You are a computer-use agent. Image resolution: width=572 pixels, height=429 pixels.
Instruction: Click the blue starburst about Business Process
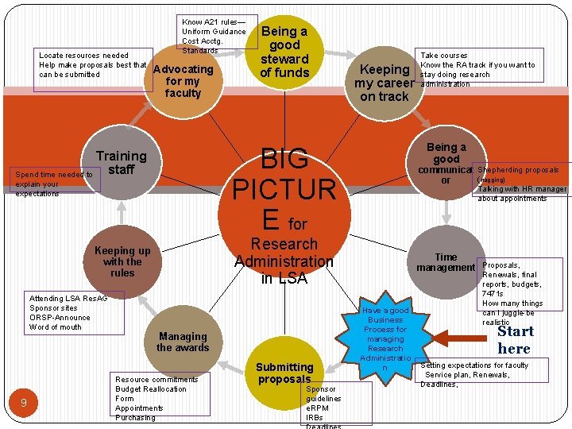(x=385, y=338)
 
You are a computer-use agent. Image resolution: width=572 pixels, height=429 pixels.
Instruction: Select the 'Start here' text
(x=515, y=339)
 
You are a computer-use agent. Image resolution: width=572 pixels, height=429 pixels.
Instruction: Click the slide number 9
(x=24, y=403)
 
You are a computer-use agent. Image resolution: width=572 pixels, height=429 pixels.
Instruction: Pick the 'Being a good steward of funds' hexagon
(x=284, y=52)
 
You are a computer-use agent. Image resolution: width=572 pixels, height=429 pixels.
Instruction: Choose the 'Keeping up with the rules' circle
(x=122, y=261)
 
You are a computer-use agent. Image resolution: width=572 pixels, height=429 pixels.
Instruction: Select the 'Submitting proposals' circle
(x=284, y=373)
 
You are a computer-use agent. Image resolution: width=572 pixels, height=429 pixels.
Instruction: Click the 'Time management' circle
(x=446, y=262)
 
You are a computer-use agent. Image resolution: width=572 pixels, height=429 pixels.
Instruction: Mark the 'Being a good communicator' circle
(x=446, y=164)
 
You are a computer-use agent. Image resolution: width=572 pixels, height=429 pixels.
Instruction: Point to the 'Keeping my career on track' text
(x=385, y=83)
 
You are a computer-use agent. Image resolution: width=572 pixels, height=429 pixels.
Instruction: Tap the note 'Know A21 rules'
(x=214, y=36)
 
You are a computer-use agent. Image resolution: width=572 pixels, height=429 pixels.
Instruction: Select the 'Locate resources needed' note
(x=92, y=65)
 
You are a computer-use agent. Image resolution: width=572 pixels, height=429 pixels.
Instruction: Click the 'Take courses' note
(x=488, y=70)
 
